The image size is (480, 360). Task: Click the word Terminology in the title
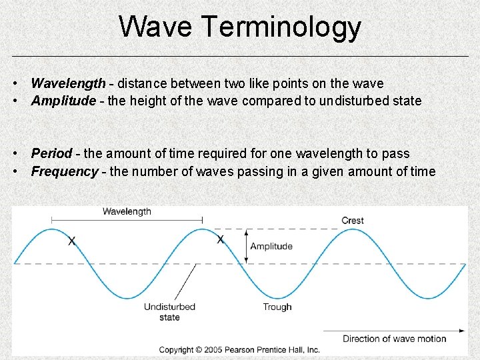[280, 28]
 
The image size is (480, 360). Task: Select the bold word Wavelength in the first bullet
[68, 83]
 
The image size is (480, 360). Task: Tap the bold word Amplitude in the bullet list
[64, 101]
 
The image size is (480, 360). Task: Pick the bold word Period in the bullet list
[51, 154]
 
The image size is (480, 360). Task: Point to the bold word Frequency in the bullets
[65, 171]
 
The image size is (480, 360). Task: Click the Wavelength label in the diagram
[127, 211]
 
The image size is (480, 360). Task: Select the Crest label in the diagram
[353, 221]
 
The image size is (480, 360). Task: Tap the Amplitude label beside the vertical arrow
[271, 246]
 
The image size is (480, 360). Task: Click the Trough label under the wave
[277, 307]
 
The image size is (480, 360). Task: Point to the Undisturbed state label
[169, 312]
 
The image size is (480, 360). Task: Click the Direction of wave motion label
[395, 339]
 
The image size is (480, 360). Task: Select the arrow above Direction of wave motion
[394, 330]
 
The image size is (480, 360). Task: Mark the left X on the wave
[72, 240]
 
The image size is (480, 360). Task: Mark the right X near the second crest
[220, 239]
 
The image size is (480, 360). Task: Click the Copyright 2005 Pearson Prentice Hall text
[239, 350]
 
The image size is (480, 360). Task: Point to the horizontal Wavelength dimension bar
[127, 220]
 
